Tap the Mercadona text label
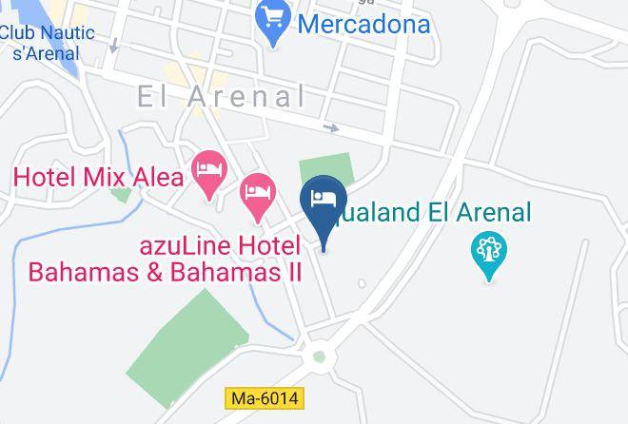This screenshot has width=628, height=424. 363,24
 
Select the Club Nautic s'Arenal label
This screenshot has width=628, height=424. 48,42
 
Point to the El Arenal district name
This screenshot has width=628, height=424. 221,96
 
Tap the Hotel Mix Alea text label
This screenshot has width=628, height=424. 98,177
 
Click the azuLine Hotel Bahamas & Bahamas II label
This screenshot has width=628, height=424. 166,259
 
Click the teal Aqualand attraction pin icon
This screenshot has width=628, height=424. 489,254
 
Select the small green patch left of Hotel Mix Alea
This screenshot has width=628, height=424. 120,195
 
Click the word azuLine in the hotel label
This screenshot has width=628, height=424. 186,244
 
